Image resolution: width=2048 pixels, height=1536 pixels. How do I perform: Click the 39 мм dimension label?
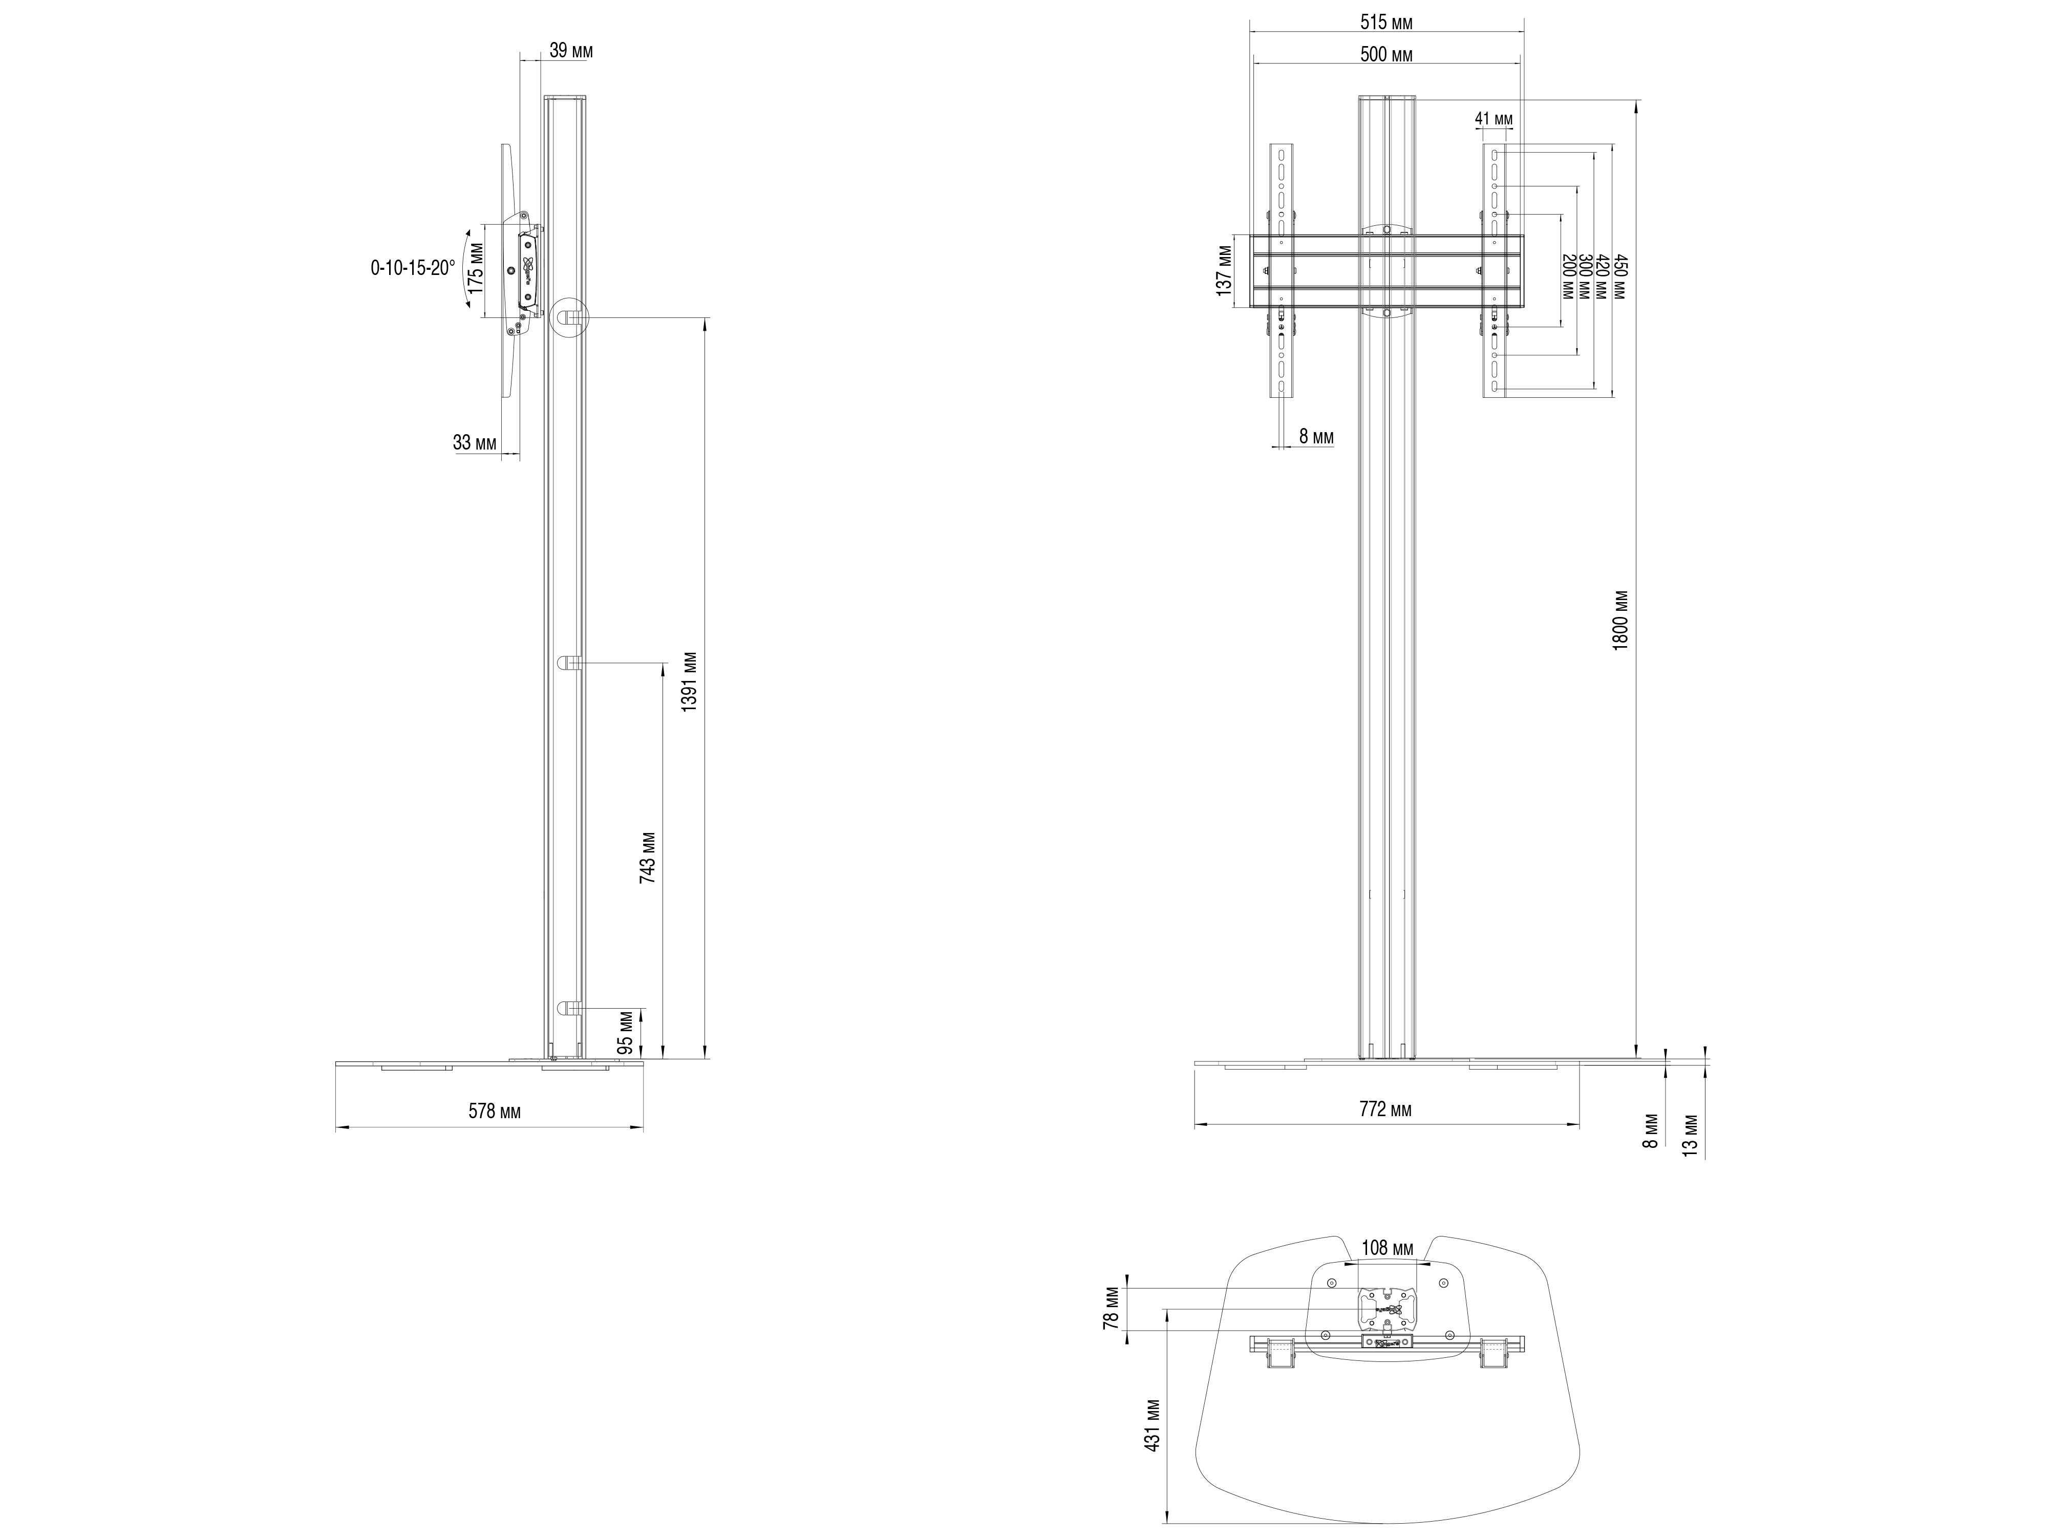point(571,51)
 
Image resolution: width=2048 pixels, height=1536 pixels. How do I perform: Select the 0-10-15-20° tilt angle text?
point(413,268)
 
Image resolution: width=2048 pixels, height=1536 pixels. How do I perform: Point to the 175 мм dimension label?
point(476,268)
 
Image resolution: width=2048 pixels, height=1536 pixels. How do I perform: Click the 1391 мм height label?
point(689,682)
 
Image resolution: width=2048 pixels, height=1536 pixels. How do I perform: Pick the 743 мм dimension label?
point(648,858)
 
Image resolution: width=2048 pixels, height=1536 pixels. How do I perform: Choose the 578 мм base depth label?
point(495,1111)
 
